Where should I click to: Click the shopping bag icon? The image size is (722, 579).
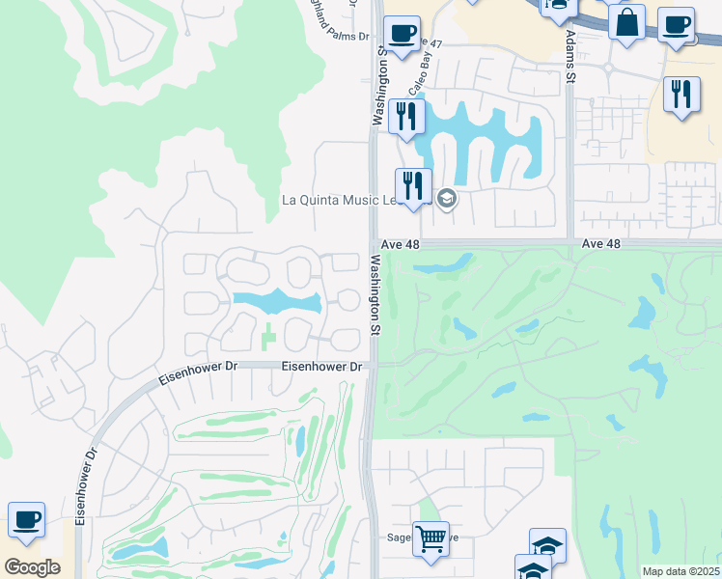627,23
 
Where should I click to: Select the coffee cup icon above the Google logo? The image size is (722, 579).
27,520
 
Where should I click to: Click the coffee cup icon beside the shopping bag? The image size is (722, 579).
677,24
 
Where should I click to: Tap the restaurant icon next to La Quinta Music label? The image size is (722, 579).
413,185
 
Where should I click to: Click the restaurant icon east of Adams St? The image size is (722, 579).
682,95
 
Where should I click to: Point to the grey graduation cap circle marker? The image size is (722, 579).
446,200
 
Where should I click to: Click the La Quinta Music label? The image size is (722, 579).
338,201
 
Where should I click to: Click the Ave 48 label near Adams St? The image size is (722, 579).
601,245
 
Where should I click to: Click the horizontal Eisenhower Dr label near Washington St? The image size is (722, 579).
321,367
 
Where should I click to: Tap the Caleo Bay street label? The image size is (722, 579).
418,73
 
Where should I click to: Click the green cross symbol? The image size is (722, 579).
267,339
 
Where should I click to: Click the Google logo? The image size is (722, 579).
32,567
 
